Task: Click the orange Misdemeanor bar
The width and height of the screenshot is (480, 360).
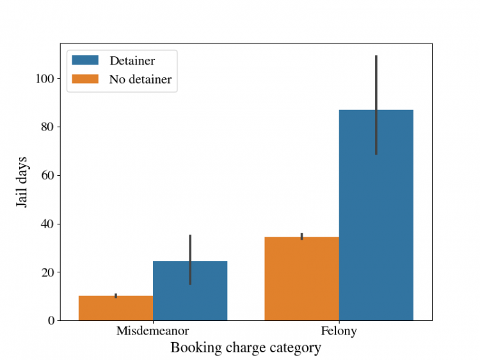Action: [116, 308]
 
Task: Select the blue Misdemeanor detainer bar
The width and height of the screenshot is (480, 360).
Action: [190, 290]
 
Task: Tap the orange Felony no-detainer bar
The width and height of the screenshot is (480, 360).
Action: [302, 279]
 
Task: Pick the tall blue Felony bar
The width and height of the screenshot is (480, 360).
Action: [376, 215]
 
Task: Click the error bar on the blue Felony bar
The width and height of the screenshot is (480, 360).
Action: [376, 105]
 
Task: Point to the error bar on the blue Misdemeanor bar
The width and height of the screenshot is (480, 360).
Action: [190, 260]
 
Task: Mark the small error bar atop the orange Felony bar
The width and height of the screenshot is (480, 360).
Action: [302, 236]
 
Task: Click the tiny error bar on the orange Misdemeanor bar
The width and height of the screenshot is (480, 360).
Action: [116, 295]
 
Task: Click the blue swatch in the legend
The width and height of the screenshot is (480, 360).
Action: [85, 60]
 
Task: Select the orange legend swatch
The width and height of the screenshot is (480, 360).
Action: [85, 79]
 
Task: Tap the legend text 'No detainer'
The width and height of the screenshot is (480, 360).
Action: [141, 79]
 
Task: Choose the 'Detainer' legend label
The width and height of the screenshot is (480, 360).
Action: [132, 61]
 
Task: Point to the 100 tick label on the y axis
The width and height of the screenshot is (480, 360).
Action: [45, 79]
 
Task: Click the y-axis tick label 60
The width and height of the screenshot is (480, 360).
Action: [47, 175]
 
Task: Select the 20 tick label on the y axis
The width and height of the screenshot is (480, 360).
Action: [47, 272]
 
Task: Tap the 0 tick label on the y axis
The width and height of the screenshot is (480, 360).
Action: [51, 320]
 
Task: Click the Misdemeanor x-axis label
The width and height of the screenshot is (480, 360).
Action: [153, 331]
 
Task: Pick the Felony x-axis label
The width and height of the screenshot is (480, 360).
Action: [339, 332]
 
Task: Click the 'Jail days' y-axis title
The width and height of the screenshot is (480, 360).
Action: [21, 182]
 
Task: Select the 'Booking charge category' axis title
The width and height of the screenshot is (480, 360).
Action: [246, 348]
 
